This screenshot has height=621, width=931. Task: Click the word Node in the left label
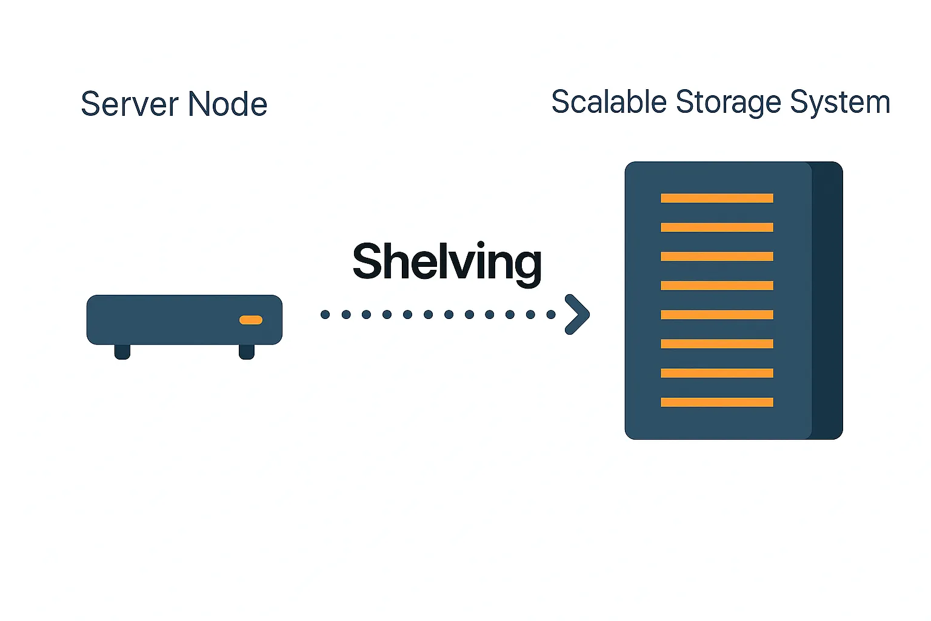tap(227, 104)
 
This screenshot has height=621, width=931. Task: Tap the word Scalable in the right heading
tap(609, 102)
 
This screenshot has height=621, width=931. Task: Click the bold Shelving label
tap(447, 262)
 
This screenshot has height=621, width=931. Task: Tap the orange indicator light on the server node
tap(251, 320)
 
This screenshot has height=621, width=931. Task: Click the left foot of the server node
tap(122, 352)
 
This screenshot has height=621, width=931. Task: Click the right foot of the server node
tap(247, 352)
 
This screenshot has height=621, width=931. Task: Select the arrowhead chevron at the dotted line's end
tap(578, 314)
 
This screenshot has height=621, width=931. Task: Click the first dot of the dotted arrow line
tap(325, 314)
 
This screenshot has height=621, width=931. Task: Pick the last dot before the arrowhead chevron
tap(551, 314)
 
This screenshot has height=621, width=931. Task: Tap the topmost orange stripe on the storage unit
tap(716, 198)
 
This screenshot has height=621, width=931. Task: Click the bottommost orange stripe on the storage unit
tap(716, 402)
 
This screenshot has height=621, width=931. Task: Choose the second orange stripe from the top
tap(716, 227)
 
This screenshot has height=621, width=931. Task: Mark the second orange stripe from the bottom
tap(716, 373)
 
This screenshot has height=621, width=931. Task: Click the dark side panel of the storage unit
tap(827, 300)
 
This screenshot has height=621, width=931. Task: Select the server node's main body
tap(170, 320)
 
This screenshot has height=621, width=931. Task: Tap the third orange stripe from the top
tap(716, 257)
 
